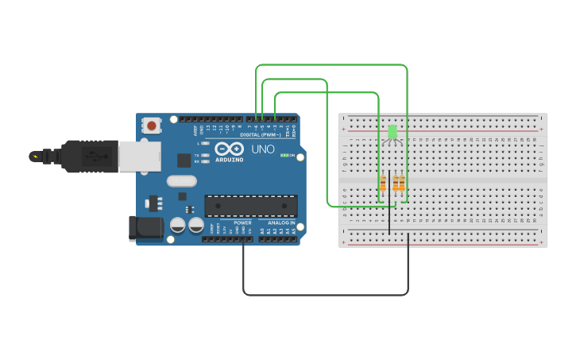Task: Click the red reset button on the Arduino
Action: click(151, 125)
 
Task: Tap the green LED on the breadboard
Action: click(392, 131)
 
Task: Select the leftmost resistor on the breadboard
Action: click(383, 184)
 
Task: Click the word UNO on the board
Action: click(263, 149)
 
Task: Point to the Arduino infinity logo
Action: click(229, 148)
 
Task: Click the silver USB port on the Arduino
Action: click(139, 157)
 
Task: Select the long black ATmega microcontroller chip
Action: click(251, 206)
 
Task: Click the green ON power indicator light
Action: click(284, 155)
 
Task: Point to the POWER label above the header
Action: click(242, 223)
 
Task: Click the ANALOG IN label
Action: click(280, 223)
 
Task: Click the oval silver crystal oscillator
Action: click(181, 180)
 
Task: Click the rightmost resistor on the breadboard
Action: click(401, 184)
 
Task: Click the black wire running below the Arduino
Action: click(326, 295)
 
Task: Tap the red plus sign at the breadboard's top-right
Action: click(541, 130)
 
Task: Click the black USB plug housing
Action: click(91, 157)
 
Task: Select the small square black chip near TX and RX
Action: click(184, 160)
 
